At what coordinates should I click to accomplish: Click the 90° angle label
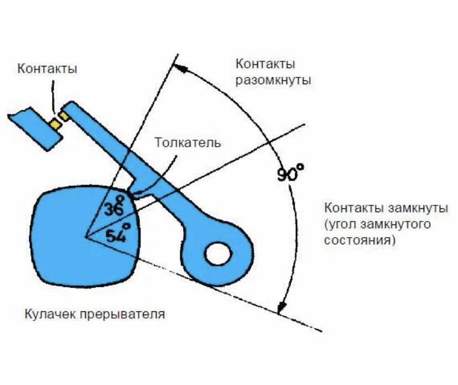[291, 173]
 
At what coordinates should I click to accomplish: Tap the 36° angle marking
[118, 206]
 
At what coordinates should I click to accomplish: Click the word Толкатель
[188, 142]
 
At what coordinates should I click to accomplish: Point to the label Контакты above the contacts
[47, 69]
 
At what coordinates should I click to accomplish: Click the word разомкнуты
[273, 80]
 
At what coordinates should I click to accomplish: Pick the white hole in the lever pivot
[217, 255]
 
